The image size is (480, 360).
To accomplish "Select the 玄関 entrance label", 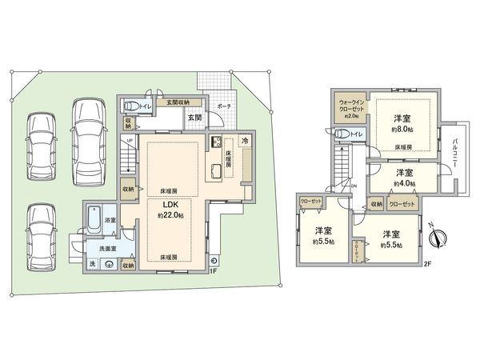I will (x=194, y=118).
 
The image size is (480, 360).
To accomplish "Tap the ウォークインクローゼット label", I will (x=352, y=106).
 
